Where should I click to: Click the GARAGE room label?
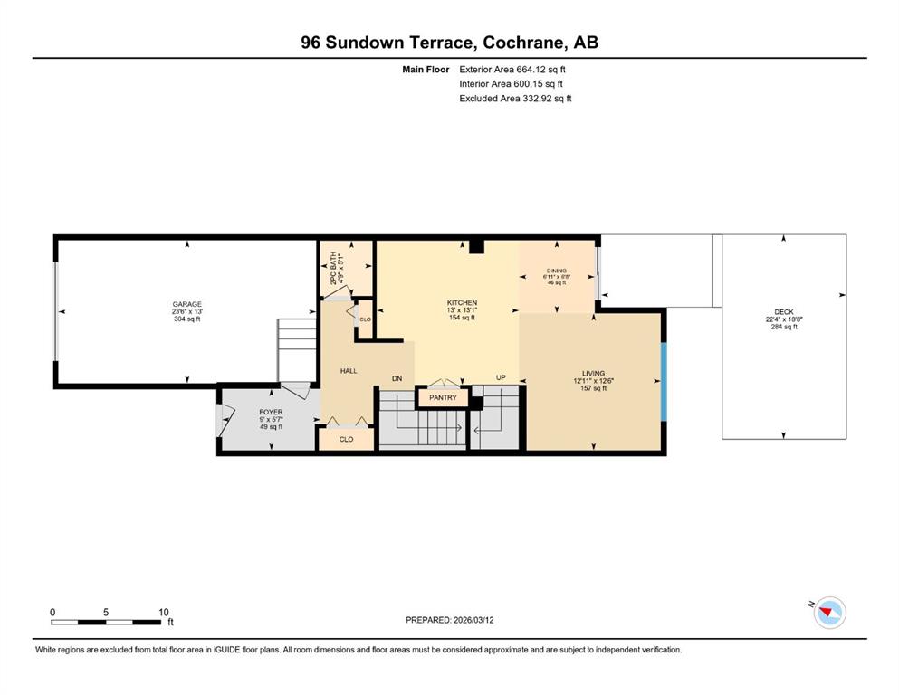[x=186, y=304]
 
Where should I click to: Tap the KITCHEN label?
[x=462, y=302]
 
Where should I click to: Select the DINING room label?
[x=556, y=271]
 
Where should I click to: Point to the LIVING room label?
[x=593, y=373]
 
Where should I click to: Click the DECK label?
[x=784, y=311]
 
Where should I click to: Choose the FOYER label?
[x=272, y=412]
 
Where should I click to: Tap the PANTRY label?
[x=443, y=397]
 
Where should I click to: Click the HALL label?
[x=349, y=371]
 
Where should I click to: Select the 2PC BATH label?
[x=333, y=269]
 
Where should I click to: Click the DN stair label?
[x=397, y=378]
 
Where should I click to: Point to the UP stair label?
[x=501, y=377]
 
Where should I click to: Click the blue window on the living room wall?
[x=664, y=382]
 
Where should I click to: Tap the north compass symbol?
[x=829, y=612]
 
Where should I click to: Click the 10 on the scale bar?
[x=163, y=612]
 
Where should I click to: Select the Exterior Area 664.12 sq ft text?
[x=512, y=70]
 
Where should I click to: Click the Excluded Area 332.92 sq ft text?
[x=515, y=98]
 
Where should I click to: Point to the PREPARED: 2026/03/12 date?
[x=449, y=619]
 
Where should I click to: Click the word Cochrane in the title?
[x=520, y=43]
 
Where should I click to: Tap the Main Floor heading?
[x=426, y=70]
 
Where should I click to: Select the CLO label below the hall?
[x=347, y=440]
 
